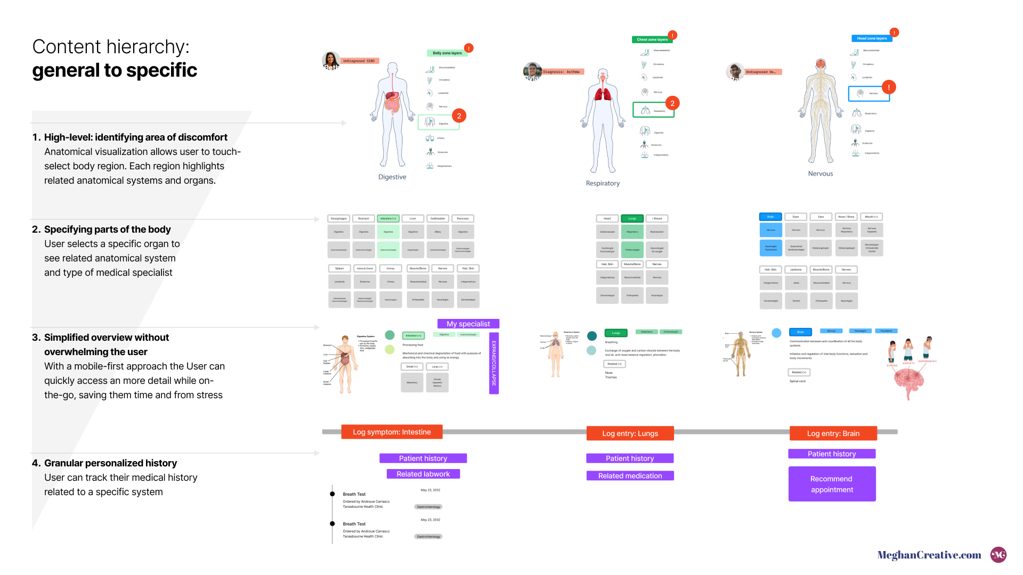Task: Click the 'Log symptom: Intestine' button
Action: [x=392, y=432]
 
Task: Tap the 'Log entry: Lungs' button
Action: [x=630, y=433]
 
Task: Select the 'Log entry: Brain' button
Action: [x=833, y=433]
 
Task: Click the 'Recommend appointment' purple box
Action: [x=832, y=484]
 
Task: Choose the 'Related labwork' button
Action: [x=423, y=474]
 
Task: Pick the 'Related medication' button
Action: [x=630, y=475]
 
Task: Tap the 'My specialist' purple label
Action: [x=468, y=324]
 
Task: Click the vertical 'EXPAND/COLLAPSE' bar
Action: [x=494, y=363]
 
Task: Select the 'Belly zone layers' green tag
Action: [x=447, y=53]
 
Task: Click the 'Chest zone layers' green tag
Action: [x=652, y=39]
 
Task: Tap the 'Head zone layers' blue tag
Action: [x=872, y=38]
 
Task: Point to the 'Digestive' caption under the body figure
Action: [x=392, y=177]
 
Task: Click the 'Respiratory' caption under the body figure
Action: [x=603, y=183]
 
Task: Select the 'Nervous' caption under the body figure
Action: [x=820, y=174]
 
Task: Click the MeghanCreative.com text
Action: [x=929, y=555]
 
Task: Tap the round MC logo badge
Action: [x=998, y=555]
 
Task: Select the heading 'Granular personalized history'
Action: [x=110, y=463]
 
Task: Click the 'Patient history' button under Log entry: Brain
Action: [x=832, y=454]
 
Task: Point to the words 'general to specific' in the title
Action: [x=115, y=70]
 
